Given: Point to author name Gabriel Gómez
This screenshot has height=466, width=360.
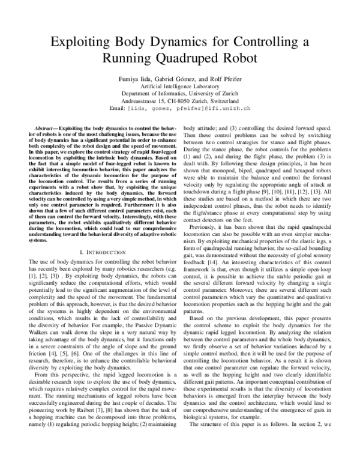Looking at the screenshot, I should click(x=185, y=78).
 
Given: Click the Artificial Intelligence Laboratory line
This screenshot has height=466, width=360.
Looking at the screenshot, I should click(x=180, y=86).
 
